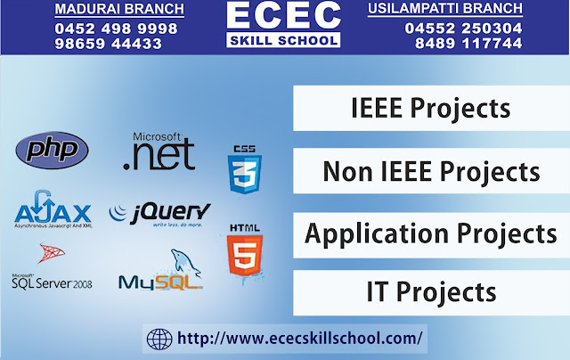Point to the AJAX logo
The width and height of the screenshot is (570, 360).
click(x=52, y=212)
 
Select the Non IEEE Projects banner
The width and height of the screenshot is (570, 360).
click(x=431, y=171)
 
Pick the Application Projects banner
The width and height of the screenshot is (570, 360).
click(x=431, y=233)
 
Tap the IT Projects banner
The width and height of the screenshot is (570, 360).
click(x=431, y=291)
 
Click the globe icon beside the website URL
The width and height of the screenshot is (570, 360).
click(x=159, y=340)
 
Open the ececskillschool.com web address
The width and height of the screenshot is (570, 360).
click(x=300, y=340)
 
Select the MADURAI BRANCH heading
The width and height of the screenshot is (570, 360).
click(x=119, y=10)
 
